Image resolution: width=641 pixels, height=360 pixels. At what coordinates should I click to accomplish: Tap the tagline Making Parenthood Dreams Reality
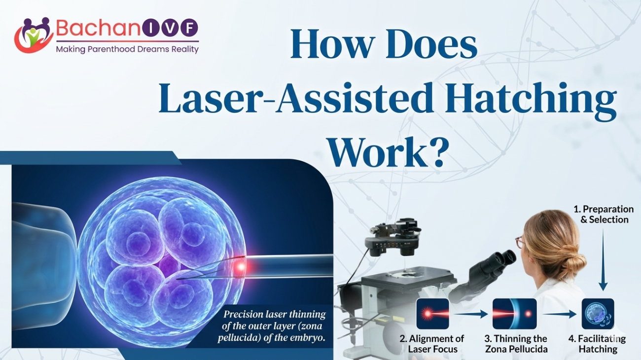tap(127, 49)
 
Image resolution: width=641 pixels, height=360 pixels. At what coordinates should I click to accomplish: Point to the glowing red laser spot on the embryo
tap(241, 267)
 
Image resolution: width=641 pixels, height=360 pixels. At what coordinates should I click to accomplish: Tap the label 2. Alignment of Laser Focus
tap(432, 344)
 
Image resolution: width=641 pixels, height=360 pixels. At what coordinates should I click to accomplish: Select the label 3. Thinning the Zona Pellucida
tap(516, 344)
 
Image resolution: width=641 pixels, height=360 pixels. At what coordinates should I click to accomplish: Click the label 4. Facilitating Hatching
tap(598, 344)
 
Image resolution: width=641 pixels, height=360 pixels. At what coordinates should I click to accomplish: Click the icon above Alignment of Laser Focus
tap(433, 314)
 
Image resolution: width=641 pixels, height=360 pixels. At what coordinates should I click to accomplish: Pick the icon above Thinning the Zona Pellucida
tap(514, 314)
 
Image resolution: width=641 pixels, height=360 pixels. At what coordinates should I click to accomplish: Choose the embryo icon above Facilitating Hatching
tap(598, 314)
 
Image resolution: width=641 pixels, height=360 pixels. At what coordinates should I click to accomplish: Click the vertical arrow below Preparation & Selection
tap(603, 260)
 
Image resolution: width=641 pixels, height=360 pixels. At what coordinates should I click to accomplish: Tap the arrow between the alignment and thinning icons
tap(471, 314)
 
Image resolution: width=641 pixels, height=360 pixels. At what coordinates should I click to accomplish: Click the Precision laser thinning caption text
tap(272, 326)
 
